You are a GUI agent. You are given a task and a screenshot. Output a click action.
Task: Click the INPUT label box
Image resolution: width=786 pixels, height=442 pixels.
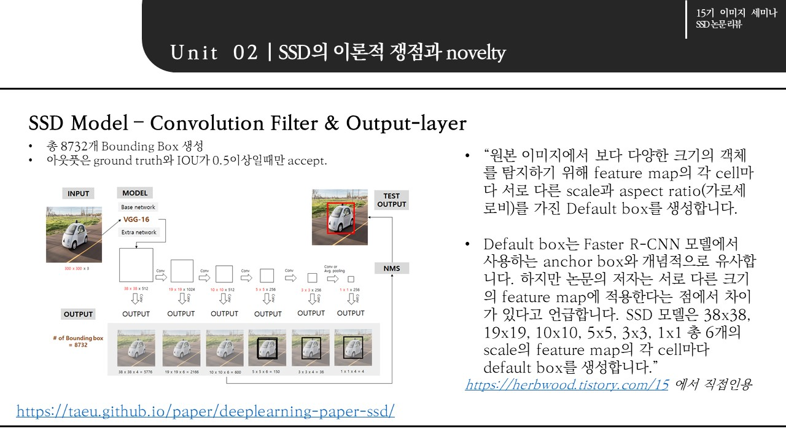(78, 193)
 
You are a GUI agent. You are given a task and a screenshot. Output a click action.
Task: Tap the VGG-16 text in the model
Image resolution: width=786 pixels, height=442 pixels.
(136, 219)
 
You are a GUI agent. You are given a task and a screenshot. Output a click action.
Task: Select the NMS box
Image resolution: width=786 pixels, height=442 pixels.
(391, 268)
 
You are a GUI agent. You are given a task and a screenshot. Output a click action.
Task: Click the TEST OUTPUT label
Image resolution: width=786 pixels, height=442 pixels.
(391, 200)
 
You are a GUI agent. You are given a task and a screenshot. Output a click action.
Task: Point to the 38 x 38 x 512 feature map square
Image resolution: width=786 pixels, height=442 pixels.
(136, 265)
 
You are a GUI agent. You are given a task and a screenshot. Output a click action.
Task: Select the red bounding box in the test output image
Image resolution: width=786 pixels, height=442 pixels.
(340, 217)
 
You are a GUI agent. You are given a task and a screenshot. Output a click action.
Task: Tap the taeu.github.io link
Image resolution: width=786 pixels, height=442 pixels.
(205, 411)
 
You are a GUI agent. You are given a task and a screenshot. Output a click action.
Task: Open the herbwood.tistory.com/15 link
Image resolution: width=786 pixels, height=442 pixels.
(566, 385)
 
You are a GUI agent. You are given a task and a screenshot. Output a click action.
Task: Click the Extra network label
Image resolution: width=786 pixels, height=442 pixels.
(139, 232)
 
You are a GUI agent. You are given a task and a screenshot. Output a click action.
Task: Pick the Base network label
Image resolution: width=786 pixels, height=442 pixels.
(138, 207)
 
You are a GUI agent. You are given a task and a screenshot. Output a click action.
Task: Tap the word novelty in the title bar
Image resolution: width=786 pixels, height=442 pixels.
(476, 53)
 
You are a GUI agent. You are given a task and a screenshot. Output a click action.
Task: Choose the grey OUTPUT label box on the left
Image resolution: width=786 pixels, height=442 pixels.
(78, 314)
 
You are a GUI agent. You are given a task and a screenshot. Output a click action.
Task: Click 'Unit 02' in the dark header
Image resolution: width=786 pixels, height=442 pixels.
(214, 53)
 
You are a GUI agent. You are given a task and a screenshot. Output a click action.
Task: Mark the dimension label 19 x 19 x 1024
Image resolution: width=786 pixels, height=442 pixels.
(181, 289)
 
